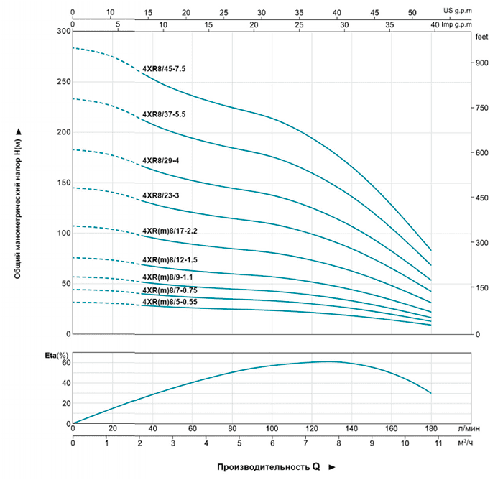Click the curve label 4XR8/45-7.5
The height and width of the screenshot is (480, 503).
pos(164,69)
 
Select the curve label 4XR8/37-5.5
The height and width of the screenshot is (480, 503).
pos(164,114)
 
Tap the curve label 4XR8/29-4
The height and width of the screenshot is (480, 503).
pos(160,160)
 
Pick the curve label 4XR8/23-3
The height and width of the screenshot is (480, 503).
pos(160,195)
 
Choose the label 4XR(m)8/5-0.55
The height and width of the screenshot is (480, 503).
pos(170,302)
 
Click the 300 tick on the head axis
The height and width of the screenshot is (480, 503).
pos(63,32)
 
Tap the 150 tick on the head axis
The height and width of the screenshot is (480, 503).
pos(63,183)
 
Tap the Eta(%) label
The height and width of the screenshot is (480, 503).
pos(57,355)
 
